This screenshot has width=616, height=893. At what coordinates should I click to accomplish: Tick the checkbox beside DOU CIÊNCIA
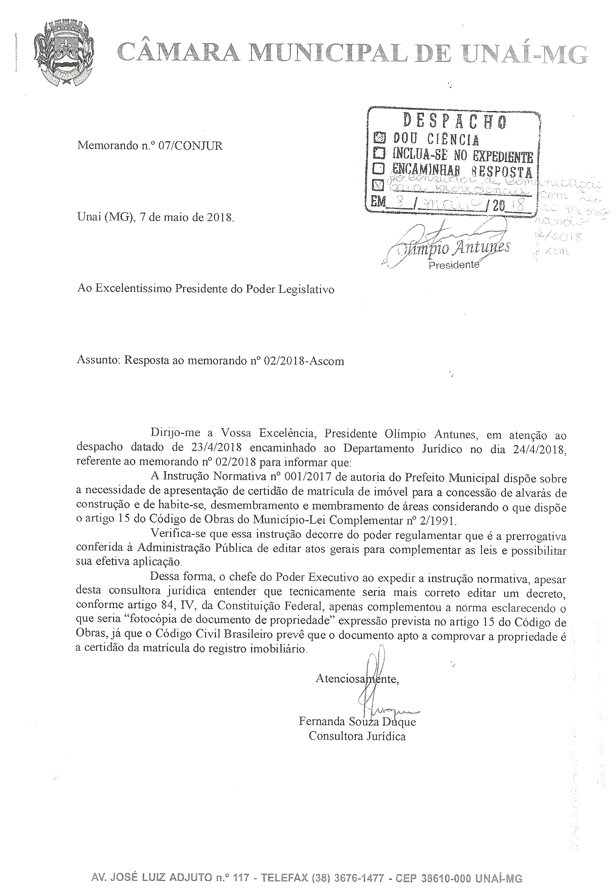pyautogui.click(x=380, y=137)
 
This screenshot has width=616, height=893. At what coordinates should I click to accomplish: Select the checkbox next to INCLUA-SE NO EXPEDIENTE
pyautogui.click(x=380, y=154)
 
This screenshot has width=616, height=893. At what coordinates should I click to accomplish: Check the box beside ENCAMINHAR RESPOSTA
pyautogui.click(x=380, y=169)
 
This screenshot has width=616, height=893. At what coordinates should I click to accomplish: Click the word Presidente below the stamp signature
pyautogui.click(x=454, y=265)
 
